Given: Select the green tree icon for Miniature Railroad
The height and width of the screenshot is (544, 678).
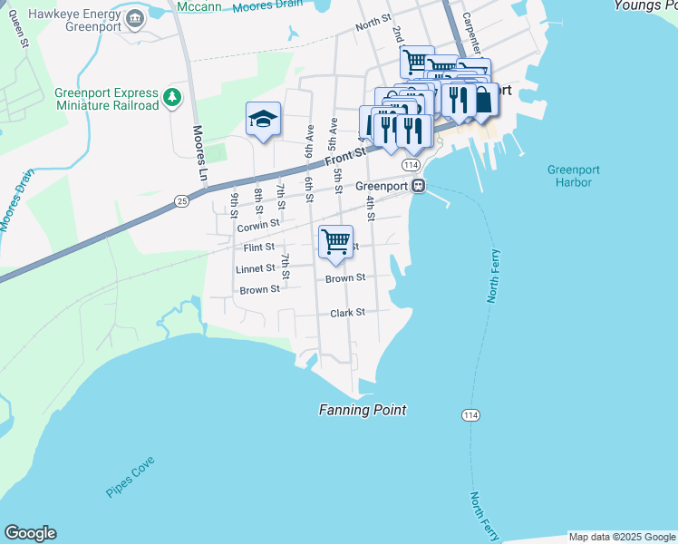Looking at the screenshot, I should (171, 96).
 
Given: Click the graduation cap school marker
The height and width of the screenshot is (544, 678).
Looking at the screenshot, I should (263, 119).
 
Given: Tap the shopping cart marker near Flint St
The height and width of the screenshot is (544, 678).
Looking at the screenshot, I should (335, 242).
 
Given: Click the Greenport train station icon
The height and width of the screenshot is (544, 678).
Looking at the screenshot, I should (418, 186).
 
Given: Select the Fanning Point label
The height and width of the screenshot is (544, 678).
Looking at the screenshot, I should (362, 410).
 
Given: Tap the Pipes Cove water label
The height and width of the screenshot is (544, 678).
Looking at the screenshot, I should (131, 476).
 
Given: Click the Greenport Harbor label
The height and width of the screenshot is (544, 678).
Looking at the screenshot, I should (569, 176).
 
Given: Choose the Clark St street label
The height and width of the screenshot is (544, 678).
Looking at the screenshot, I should (347, 312).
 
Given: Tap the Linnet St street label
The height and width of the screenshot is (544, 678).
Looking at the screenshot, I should (255, 268).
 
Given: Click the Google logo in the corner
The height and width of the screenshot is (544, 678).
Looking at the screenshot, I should (30, 533).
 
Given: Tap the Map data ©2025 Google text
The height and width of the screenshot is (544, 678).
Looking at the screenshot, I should (622, 537).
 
